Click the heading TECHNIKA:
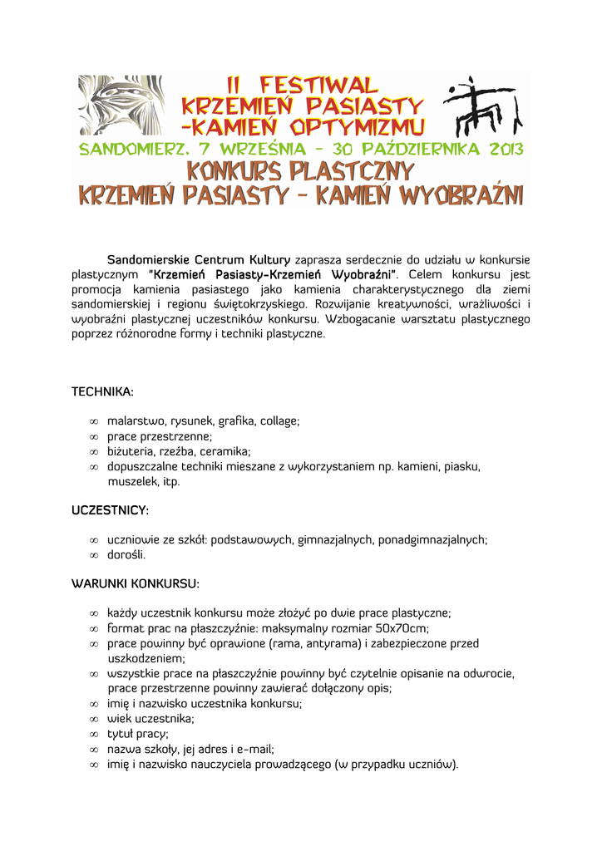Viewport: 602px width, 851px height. (102, 391)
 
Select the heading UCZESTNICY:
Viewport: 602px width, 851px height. (110, 509)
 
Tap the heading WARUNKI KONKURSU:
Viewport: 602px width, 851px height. (136, 583)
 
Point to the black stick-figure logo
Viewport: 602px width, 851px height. (481, 108)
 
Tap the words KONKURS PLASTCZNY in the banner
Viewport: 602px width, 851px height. (300, 172)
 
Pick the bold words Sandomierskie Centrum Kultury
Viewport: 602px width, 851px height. (199, 260)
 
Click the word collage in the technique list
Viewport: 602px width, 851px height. (279, 421)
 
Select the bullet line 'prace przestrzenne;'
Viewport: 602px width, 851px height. (160, 436)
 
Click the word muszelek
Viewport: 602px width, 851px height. (132, 481)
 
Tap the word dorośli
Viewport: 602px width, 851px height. (126, 554)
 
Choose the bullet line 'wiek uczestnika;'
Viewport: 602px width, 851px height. (150, 718)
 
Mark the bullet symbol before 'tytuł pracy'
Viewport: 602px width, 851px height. (94, 734)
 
